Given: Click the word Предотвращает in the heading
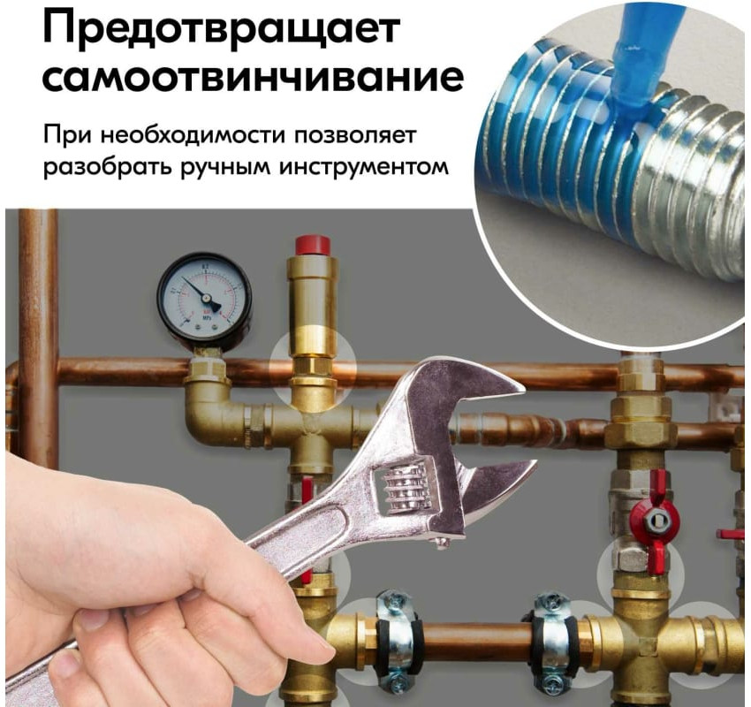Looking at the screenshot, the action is pyautogui.click(x=221, y=27).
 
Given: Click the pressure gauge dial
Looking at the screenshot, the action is pyautogui.click(x=204, y=299).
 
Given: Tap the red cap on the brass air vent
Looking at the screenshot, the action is pyautogui.click(x=313, y=245).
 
